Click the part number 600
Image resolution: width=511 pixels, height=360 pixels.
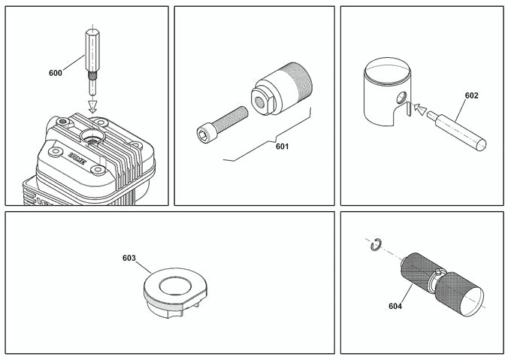tap(55, 73)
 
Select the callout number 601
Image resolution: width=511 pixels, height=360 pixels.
tap(282, 147)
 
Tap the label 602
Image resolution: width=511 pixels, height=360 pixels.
tap(471, 95)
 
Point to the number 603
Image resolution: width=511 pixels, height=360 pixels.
tap(129, 258)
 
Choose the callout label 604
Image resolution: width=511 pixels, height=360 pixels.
tap(395, 306)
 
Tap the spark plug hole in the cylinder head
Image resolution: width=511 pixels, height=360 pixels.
tap(95, 138)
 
